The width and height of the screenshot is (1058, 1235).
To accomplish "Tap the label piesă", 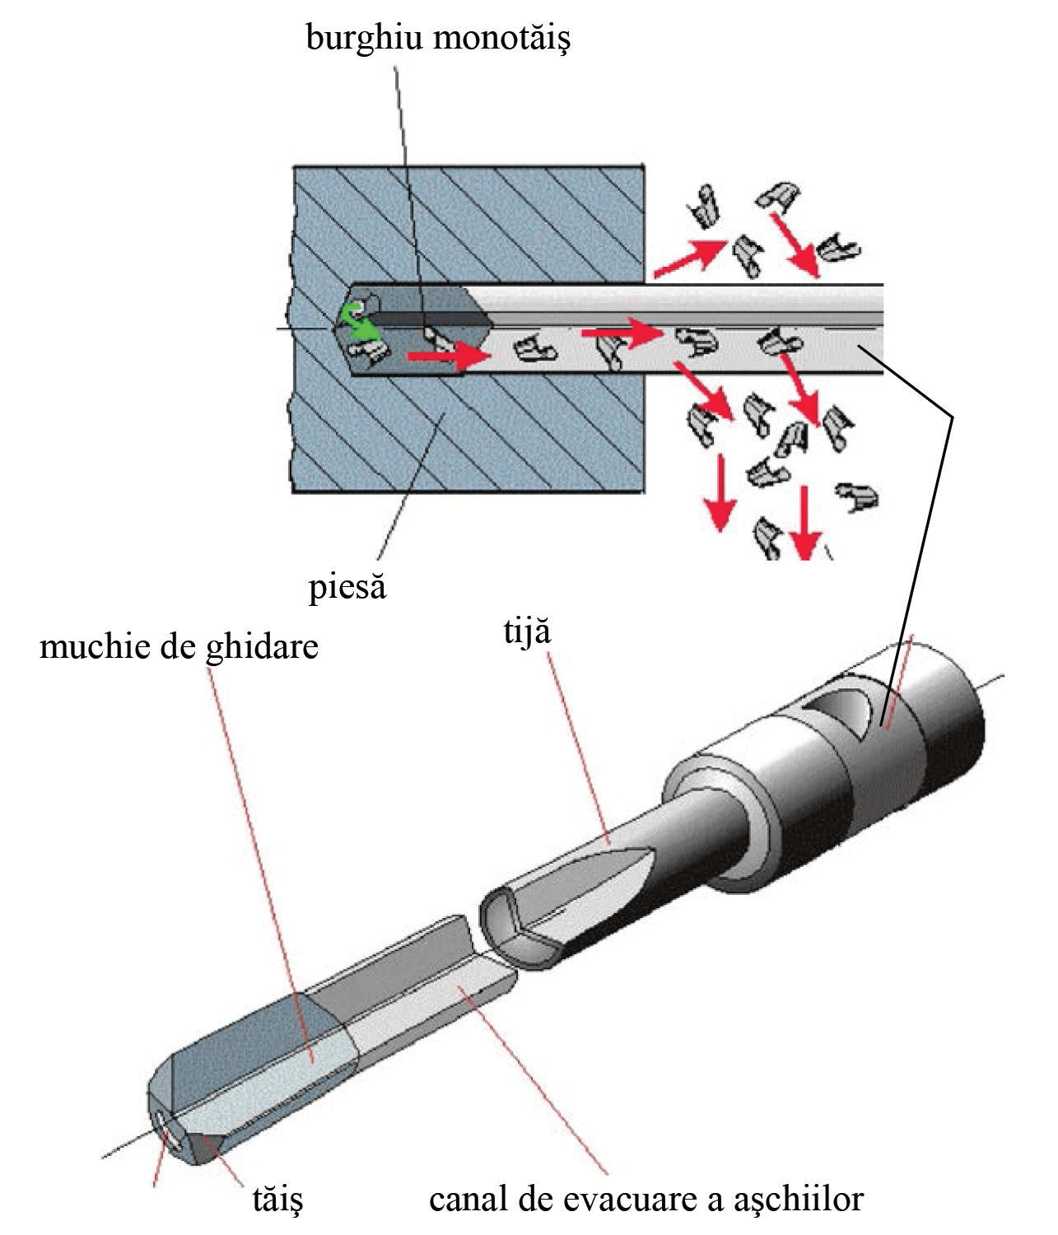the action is point(347,587).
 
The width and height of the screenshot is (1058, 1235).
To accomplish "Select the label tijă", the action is point(527,632).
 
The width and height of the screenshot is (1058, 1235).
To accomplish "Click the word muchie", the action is point(96,646).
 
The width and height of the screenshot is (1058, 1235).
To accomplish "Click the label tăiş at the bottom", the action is point(277,1199).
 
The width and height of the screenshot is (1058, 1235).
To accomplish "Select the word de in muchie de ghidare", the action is point(179,646).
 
